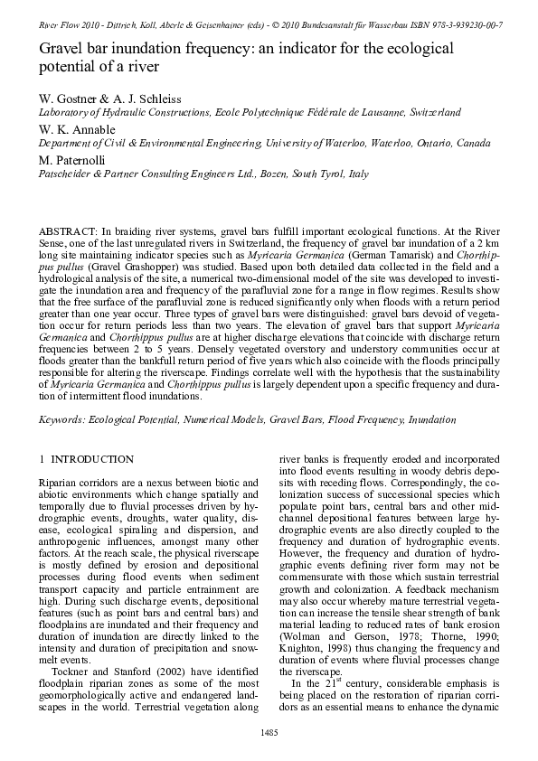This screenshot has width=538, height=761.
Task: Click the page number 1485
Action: pos(269,730)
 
